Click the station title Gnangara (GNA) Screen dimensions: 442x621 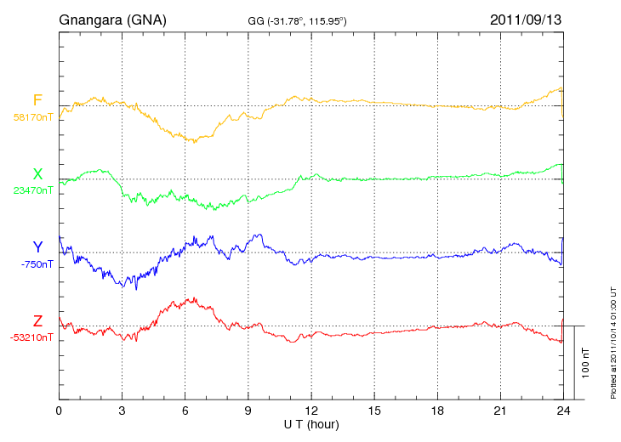[x=112, y=20]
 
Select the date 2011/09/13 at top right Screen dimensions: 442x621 [x=526, y=20]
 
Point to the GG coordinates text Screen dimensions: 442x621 [x=296, y=20]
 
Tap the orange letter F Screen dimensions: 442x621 [x=37, y=101]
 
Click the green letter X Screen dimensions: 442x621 [x=37, y=174]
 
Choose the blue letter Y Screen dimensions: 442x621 [x=37, y=247]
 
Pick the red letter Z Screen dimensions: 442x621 [x=37, y=321]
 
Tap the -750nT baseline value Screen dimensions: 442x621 [x=37, y=263]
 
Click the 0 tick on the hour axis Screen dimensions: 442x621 [x=59, y=411]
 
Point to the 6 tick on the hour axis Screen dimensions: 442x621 [x=185, y=411]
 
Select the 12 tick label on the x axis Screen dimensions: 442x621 [x=311, y=411]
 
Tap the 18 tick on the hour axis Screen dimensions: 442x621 [x=437, y=411]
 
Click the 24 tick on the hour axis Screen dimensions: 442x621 [x=563, y=411]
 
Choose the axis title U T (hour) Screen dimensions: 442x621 [x=311, y=424]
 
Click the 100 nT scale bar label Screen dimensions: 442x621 [x=586, y=362]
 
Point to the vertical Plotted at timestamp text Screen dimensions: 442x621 [x=612, y=343]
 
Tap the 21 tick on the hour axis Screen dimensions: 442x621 [x=500, y=411]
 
